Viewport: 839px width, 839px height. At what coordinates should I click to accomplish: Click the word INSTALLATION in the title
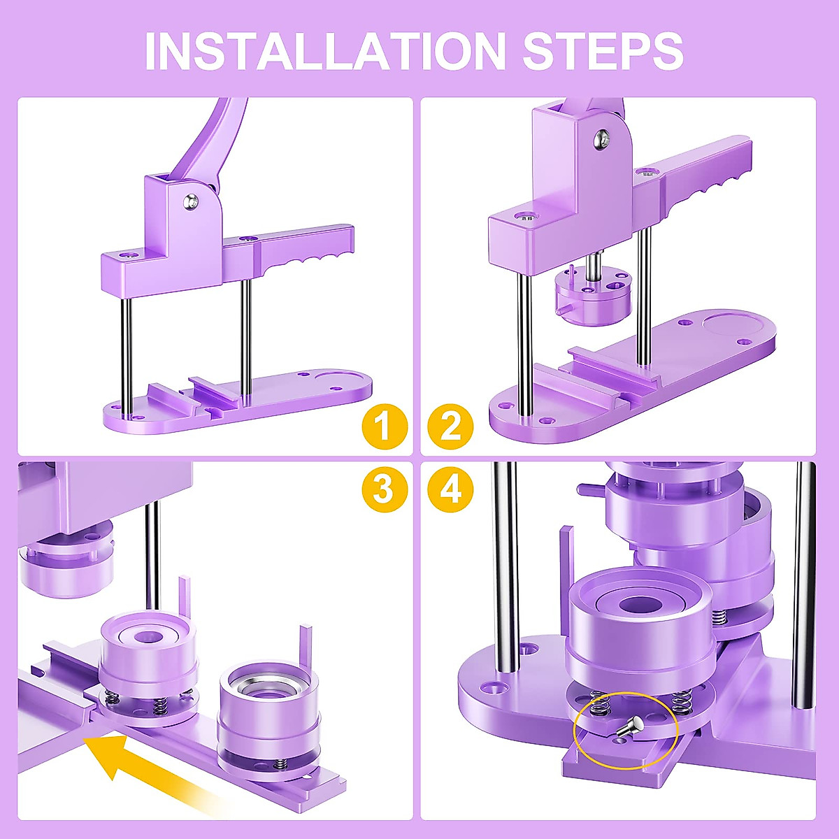click(x=324, y=50)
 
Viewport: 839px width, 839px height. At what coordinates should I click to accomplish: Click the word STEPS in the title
click(x=603, y=50)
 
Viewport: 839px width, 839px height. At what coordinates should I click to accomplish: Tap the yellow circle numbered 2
click(x=451, y=426)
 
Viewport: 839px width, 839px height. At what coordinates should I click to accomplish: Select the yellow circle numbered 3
click(x=382, y=489)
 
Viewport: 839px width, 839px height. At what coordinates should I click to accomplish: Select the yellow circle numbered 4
click(x=451, y=489)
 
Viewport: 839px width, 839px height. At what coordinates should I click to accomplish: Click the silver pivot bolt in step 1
click(x=190, y=202)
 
